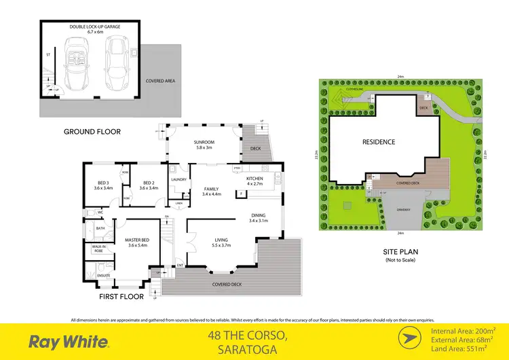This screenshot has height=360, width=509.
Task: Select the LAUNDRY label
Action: (179, 180)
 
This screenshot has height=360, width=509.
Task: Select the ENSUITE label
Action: (104, 275)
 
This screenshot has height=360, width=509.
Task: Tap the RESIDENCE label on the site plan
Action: (379, 142)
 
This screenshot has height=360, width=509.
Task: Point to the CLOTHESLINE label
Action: (356, 89)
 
